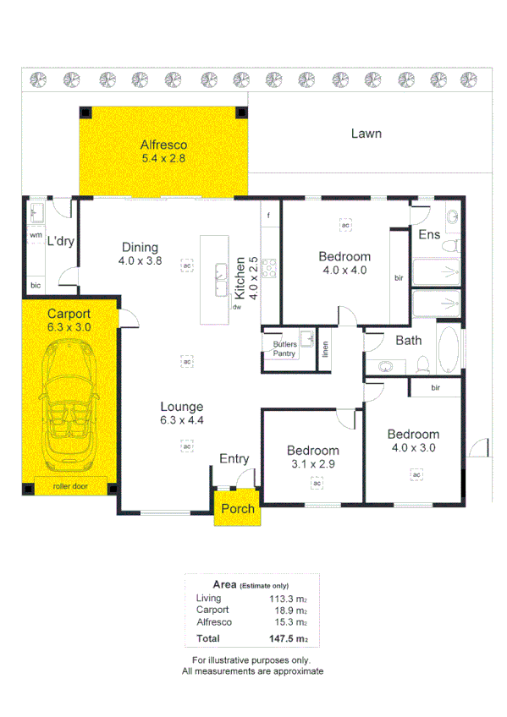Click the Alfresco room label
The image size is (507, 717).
[x=163, y=145]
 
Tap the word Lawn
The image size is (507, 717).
[x=366, y=134]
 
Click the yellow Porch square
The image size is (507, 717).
[x=236, y=508]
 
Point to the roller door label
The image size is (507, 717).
[x=70, y=486]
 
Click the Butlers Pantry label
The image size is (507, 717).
[x=284, y=348]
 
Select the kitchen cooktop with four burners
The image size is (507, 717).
[x=271, y=268]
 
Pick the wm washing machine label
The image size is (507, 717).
[x=36, y=234]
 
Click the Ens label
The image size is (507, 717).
[x=429, y=234]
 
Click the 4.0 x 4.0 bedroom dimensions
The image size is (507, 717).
[x=344, y=271]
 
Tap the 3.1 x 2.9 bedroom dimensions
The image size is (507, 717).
[x=312, y=463]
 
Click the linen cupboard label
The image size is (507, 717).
[x=326, y=349]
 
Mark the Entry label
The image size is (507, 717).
[x=234, y=458]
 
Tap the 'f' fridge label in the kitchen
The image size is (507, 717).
[x=269, y=215]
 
